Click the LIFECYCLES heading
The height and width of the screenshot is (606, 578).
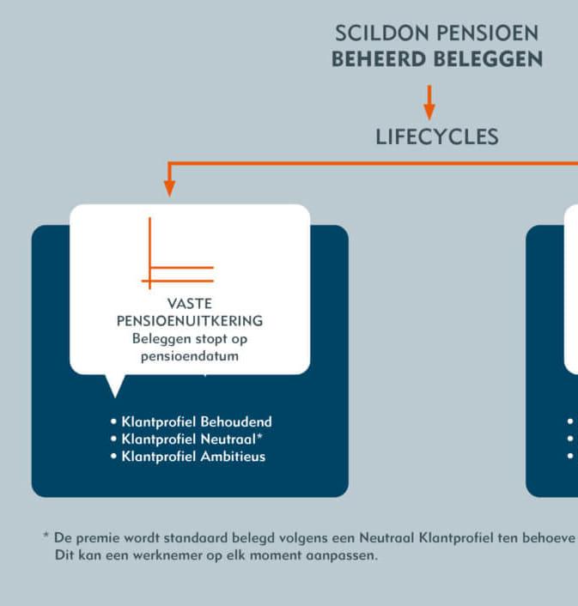tap(436, 136)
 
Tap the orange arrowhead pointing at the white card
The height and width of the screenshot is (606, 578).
tap(169, 186)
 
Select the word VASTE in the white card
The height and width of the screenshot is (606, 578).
tap(190, 304)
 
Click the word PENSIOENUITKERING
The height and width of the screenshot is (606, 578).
tap(190, 321)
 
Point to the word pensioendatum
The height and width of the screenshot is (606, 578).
tap(189, 355)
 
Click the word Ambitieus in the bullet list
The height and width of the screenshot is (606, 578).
tap(234, 457)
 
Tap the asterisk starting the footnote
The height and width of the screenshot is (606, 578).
tap(46, 536)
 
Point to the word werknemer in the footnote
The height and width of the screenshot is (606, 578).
tap(154, 555)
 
